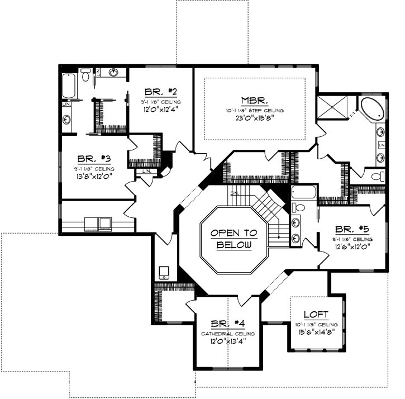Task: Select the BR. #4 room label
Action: [227, 324]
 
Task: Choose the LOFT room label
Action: [316, 315]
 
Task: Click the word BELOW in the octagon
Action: [234, 245]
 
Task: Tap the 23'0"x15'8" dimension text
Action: [255, 118]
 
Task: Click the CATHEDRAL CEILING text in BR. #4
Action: [227, 334]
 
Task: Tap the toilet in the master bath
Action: [378, 177]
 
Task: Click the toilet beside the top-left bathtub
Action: [85, 77]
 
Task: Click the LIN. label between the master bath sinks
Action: [382, 145]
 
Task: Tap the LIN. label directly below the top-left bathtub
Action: [66, 104]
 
